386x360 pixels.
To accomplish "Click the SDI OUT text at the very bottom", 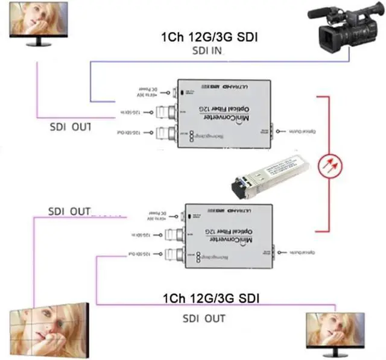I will tap(204, 318).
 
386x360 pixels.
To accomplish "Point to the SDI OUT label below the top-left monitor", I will tap(71, 127).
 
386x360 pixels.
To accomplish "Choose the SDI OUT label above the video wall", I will tap(69, 212).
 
